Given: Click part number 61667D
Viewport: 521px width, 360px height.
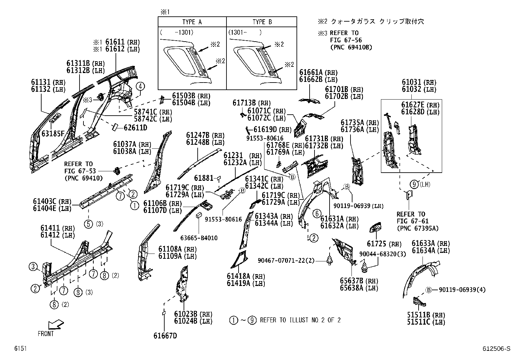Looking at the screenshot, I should [165, 336].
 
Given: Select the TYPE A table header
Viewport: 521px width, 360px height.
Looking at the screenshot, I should [192, 22].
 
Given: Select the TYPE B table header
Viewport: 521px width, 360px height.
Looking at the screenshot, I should [262, 22].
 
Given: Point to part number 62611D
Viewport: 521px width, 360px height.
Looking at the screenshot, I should [135, 127].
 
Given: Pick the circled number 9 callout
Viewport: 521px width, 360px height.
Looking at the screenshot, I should [415, 184].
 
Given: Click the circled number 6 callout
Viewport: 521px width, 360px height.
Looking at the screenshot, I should [317, 214].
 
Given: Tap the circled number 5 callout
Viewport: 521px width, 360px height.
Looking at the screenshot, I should [88, 224].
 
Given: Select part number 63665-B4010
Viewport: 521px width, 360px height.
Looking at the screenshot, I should [199, 238].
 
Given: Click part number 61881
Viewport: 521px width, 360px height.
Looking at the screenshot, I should [204, 178].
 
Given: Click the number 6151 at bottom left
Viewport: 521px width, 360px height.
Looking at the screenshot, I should [20, 349].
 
